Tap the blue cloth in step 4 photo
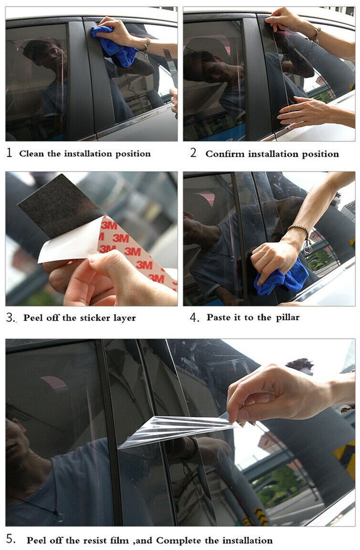(x=282, y=278)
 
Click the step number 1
(x=9, y=153)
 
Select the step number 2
(x=193, y=153)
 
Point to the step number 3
(x=9, y=318)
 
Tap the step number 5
(x=10, y=538)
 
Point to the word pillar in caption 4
(x=287, y=318)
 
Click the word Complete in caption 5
(x=178, y=541)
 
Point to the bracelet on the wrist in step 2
(x=315, y=35)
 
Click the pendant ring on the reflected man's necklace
(x=59, y=516)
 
